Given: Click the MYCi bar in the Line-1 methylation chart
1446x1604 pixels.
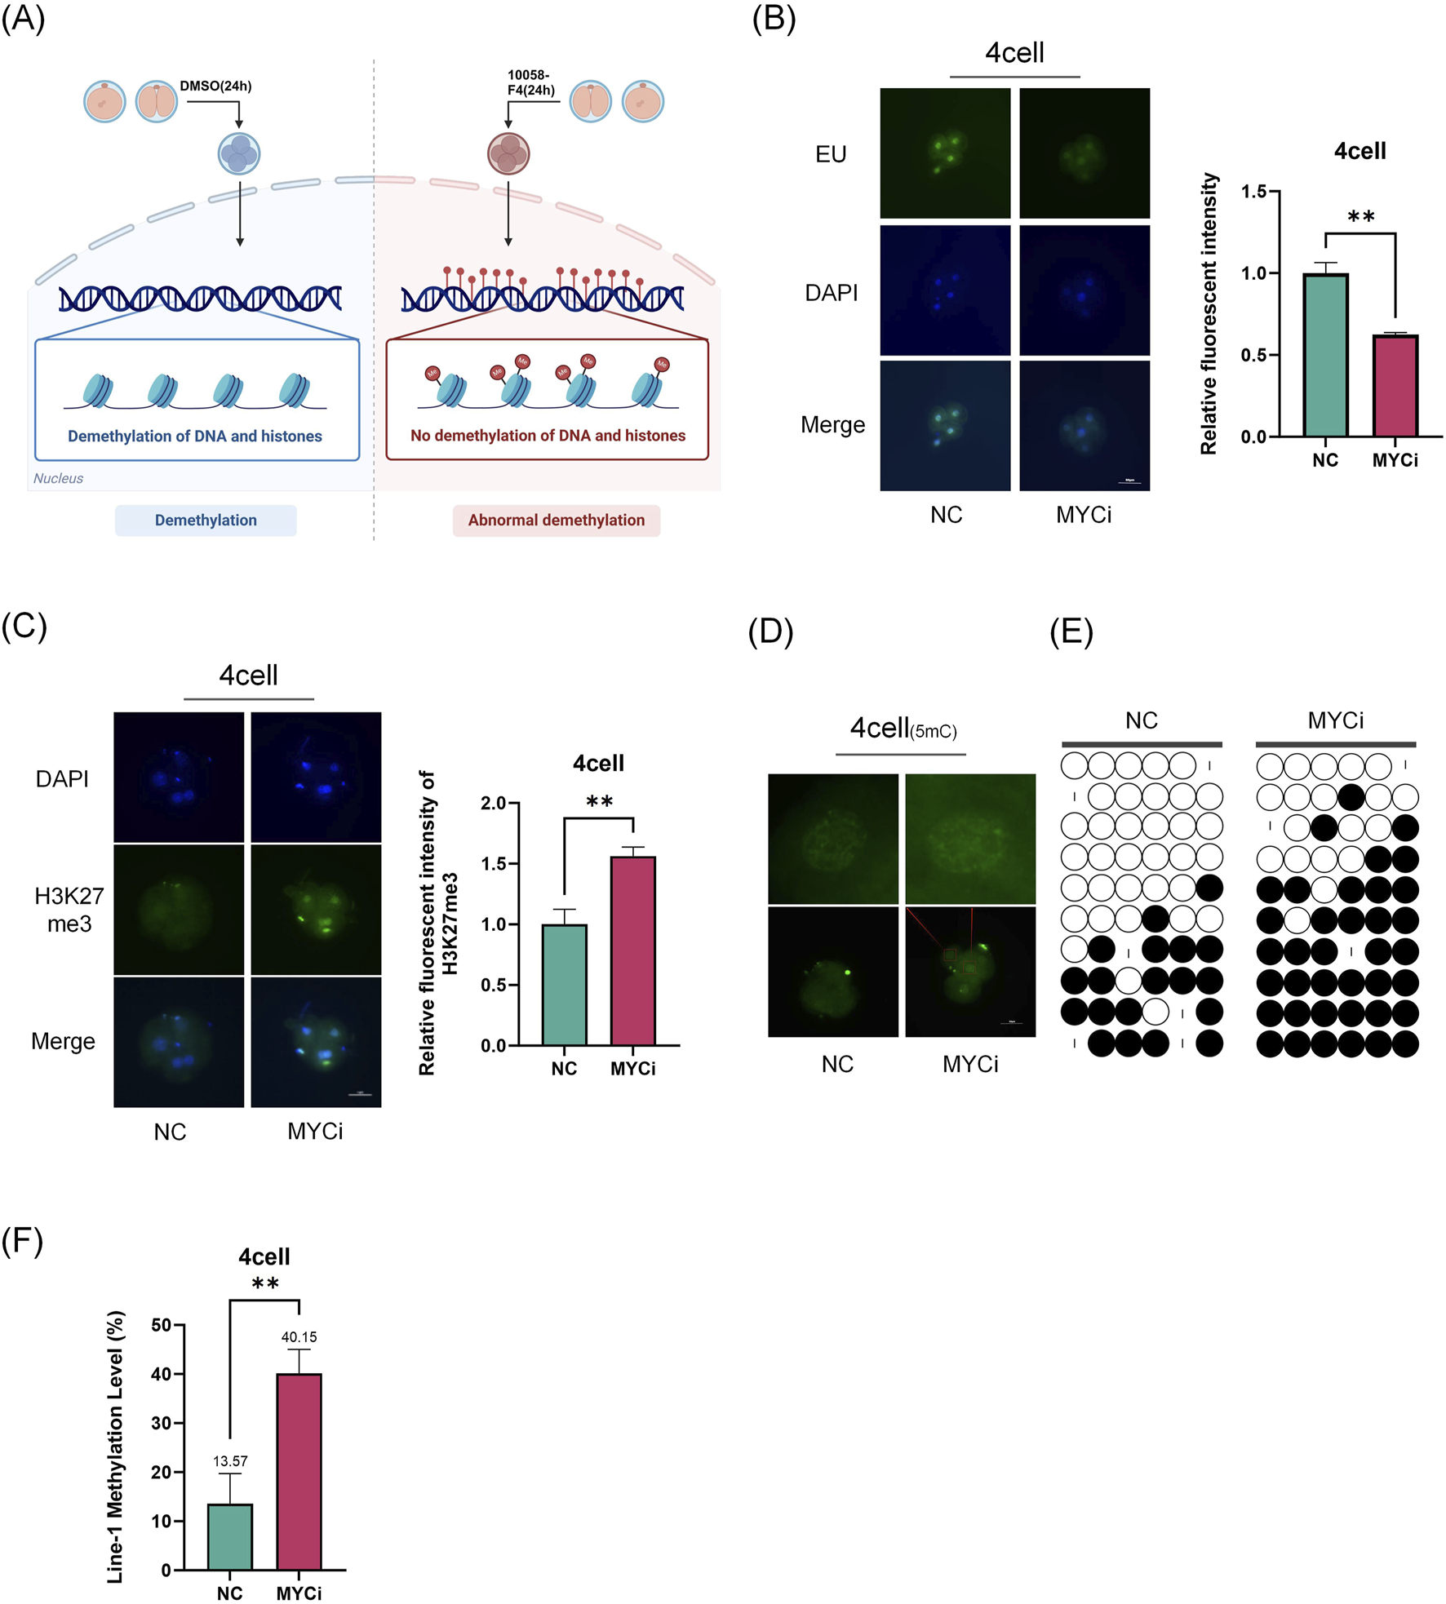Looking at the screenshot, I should [299, 1471].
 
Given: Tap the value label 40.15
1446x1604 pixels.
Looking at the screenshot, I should [299, 1336].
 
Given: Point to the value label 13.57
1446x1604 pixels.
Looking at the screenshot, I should [230, 1460].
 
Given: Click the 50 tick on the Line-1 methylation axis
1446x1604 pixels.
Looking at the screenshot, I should [162, 1325].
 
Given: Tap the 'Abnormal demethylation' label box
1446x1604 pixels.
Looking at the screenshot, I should [556, 521].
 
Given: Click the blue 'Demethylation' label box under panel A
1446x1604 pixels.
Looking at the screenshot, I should [206, 521].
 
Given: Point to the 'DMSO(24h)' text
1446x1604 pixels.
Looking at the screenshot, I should [215, 86].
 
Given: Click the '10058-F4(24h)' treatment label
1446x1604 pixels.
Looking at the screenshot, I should [530, 82].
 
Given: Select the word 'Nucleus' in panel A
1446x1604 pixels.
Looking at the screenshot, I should [58, 479].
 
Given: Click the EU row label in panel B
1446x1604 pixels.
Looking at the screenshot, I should [831, 154].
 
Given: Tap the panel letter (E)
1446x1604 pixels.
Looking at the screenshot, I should [1071, 632].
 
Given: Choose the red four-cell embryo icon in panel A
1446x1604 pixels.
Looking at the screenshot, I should [508, 153].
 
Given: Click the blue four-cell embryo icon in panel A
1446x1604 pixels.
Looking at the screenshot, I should [239, 153].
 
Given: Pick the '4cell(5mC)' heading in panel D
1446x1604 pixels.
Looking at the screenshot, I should [903, 728].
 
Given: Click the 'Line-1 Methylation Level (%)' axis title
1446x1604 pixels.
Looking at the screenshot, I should [117, 1447].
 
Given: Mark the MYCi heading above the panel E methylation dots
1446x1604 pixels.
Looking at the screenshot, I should [1335, 721].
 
